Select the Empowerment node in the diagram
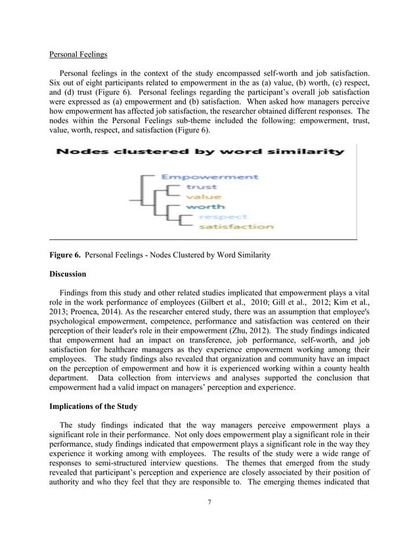click(x=209, y=177)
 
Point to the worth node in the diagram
click(x=205, y=206)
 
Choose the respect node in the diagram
click(x=223, y=216)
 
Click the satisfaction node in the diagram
click(x=236, y=226)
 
